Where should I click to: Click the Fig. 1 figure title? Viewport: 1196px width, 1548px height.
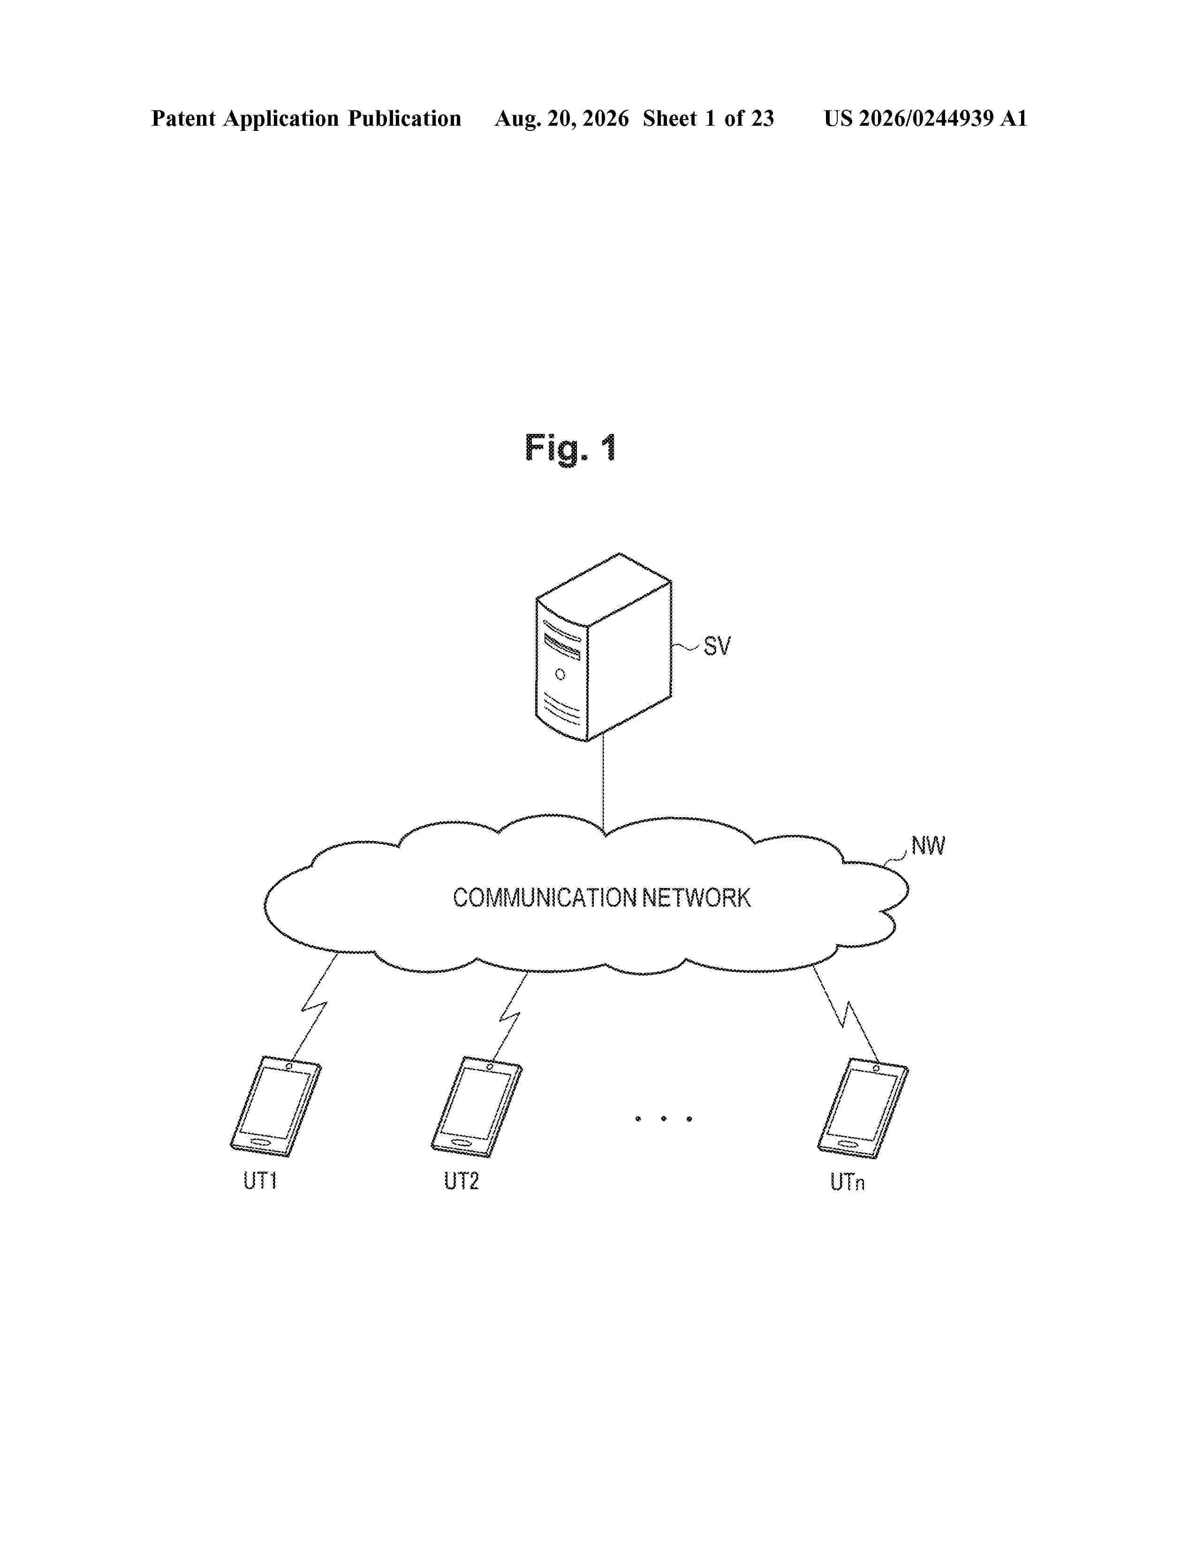570,448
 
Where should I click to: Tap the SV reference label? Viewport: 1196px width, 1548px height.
717,646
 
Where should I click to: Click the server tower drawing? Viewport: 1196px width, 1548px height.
603,647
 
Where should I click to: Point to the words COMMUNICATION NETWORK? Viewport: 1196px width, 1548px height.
602,897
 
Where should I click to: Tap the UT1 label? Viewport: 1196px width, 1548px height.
259,1181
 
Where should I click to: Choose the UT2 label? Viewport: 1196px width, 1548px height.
461,1181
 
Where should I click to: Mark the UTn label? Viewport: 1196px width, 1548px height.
848,1182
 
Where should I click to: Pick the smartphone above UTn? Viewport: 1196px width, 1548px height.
863,1108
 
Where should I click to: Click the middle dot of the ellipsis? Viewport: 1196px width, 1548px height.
663,1118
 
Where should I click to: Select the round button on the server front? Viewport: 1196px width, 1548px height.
560,674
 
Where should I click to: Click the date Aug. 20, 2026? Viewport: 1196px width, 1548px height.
562,118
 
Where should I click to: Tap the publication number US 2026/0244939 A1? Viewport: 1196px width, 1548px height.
925,118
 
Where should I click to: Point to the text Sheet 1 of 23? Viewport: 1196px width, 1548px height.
709,118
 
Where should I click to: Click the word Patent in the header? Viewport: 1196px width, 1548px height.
183,118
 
